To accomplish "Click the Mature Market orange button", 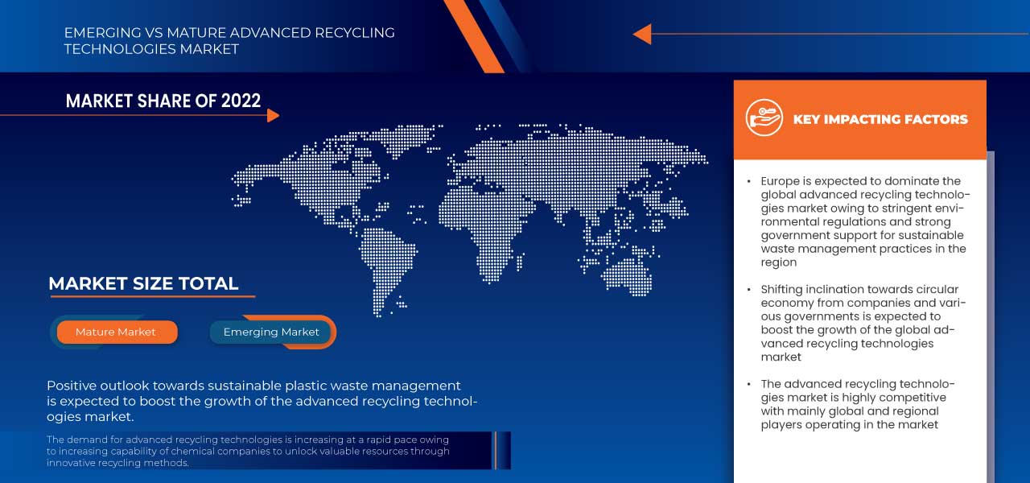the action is (117, 332).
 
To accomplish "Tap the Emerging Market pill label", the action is (271, 332).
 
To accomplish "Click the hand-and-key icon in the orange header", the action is (764, 118).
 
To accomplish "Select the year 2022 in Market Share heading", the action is (241, 101).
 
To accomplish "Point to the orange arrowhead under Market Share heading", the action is (273, 115).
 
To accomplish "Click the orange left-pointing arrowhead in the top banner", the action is (642, 34).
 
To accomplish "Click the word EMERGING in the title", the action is (102, 33).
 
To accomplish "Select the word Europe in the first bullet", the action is (780, 181).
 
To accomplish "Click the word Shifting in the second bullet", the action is (781, 290).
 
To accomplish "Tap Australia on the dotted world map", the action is (626, 276).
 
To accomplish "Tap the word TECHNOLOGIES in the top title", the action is (120, 49).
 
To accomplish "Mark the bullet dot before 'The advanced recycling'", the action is (749, 384).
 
